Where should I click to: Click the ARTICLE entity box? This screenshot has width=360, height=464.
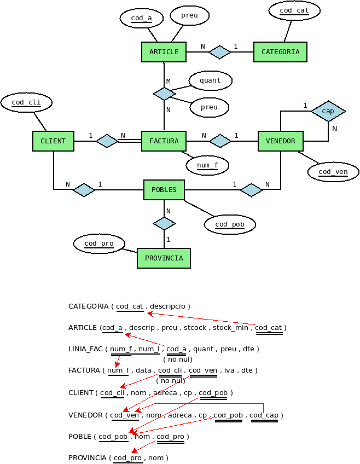[164, 52]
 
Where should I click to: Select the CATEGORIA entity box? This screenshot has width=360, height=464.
[280, 52]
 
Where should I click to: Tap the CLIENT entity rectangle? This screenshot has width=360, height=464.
[53, 141]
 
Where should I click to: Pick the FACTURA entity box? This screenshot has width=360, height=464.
[164, 141]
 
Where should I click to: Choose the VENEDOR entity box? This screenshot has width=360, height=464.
[281, 141]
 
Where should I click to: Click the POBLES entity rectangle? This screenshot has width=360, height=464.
[164, 190]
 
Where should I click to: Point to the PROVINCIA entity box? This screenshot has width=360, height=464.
[164, 258]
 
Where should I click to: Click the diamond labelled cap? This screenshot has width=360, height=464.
[328, 111]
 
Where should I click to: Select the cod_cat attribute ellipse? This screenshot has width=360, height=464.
[294, 10]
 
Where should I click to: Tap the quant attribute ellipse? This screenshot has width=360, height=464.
[210, 80]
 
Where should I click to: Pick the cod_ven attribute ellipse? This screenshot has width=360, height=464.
[333, 172]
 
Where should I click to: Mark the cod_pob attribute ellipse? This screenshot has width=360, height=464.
[230, 224]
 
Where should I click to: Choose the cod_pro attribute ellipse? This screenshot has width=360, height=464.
[99, 243]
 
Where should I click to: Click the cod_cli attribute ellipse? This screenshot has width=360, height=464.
[26, 102]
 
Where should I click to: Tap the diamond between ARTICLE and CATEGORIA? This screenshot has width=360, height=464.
[219, 52]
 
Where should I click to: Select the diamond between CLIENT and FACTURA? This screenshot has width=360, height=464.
[107, 141]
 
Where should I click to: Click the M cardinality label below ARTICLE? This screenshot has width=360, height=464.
[168, 82]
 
